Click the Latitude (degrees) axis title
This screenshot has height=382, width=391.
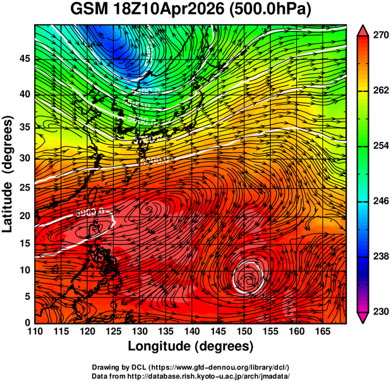8,174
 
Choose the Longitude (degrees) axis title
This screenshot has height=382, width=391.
191,346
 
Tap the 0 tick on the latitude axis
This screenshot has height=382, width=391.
27,323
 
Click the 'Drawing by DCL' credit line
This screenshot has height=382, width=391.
191,367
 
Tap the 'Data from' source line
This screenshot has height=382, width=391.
191,376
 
